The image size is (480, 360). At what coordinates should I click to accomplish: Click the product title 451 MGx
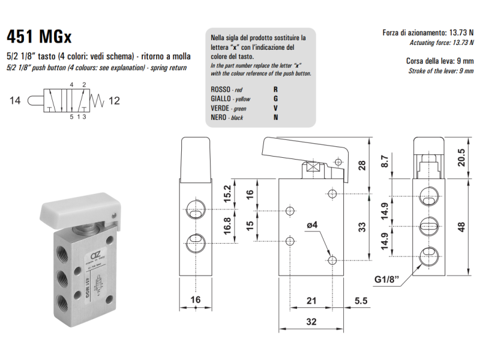click(39, 37)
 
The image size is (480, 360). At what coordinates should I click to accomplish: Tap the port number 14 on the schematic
click(16, 101)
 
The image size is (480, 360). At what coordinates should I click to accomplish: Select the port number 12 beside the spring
click(114, 101)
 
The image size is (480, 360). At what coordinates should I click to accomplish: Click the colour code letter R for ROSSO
click(275, 89)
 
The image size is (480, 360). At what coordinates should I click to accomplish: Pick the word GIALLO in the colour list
click(221, 98)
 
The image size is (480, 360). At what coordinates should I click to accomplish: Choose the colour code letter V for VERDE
click(275, 108)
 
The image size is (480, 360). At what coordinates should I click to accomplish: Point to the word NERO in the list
click(218, 118)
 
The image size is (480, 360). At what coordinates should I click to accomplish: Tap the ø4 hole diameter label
click(312, 225)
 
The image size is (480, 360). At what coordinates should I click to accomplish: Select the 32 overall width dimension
click(311, 322)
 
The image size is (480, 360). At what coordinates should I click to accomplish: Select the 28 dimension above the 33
click(362, 166)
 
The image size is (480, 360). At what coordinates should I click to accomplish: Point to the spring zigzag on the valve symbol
click(96, 101)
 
